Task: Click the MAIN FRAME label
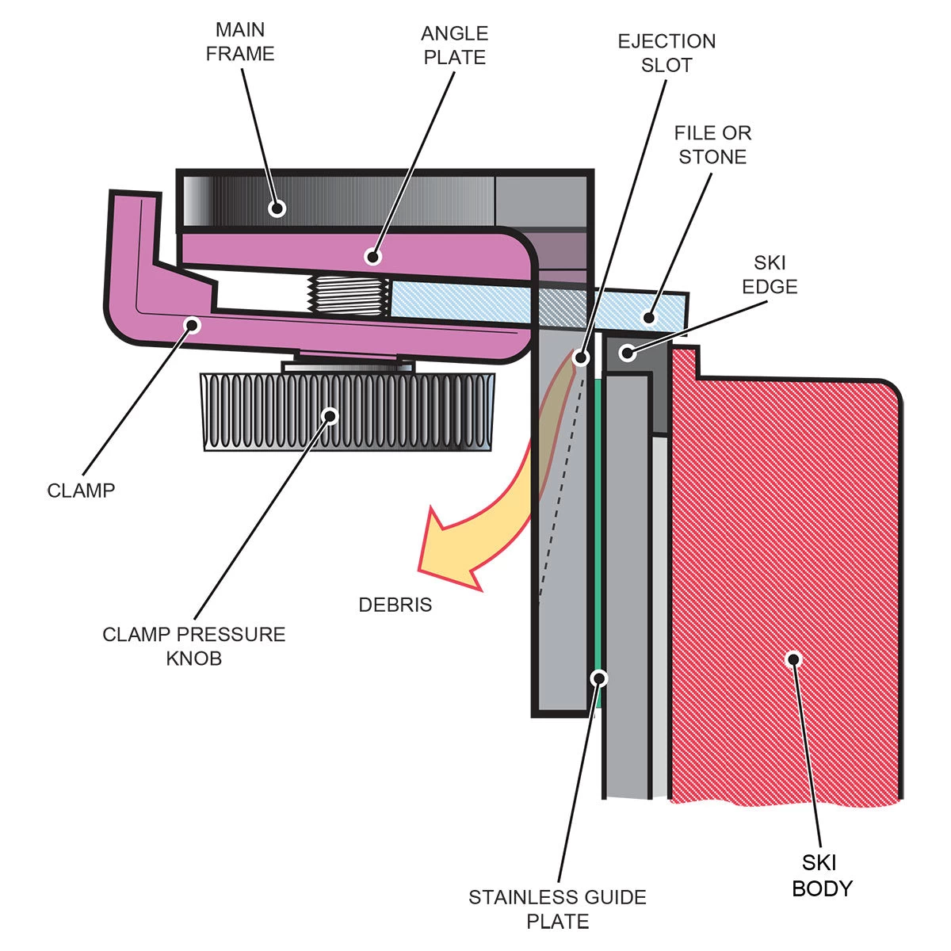(240, 42)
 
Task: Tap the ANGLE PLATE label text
(453, 46)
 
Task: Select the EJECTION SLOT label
(666, 53)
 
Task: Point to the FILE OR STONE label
(712, 145)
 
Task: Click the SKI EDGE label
(770, 274)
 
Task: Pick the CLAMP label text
(81, 491)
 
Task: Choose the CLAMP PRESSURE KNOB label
(194, 646)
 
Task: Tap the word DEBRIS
(395, 605)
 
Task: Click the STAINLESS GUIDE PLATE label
(558, 909)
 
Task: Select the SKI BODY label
(822, 876)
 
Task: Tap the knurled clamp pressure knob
(349, 412)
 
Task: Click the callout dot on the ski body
(792, 659)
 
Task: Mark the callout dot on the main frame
(277, 208)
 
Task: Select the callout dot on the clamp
(191, 323)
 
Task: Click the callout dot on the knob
(330, 414)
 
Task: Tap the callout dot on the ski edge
(628, 352)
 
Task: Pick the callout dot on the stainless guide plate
(600, 678)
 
